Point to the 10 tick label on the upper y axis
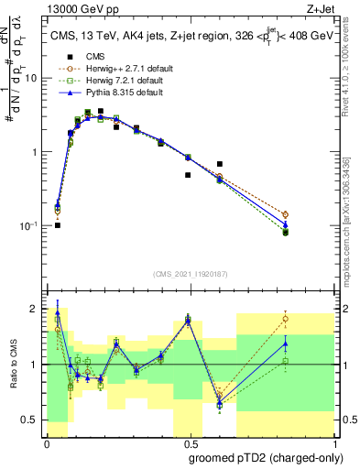[33, 79]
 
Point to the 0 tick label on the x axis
[47, 443]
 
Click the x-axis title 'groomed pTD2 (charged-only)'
[266, 457]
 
